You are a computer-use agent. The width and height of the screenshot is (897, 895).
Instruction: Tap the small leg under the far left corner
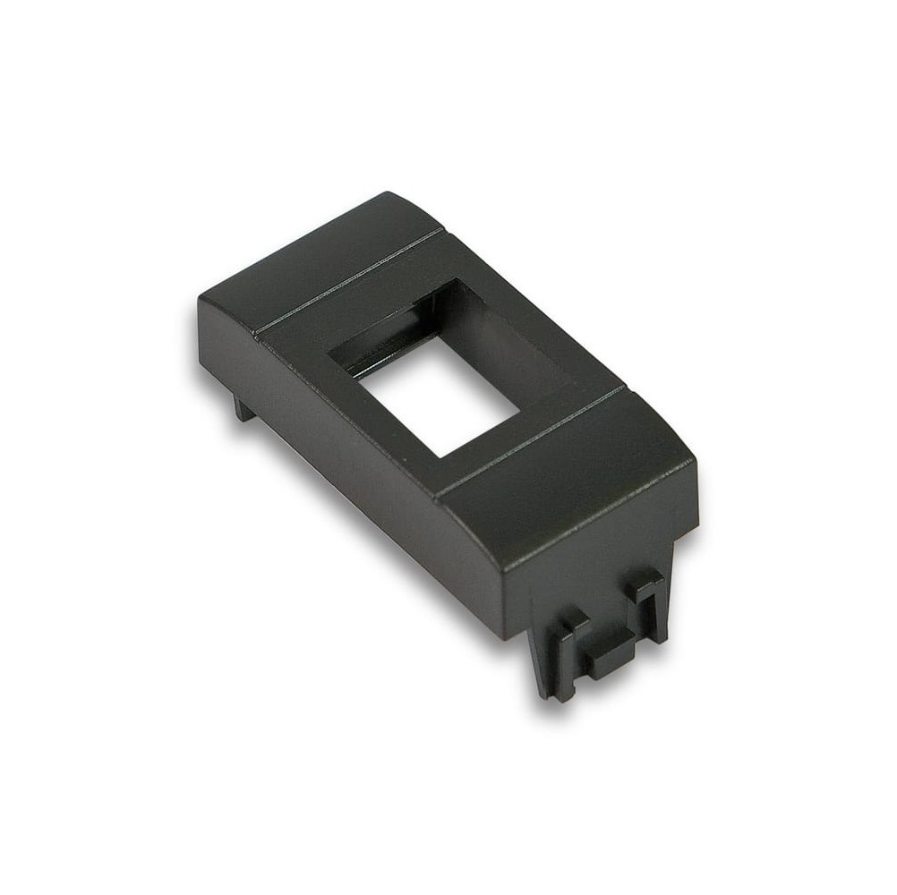243,408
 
